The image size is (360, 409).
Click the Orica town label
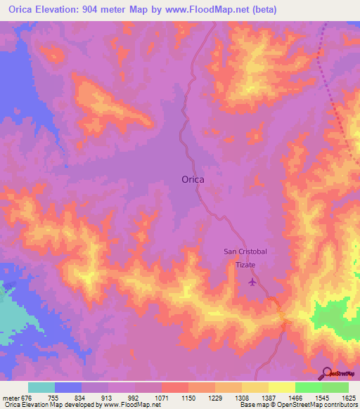[193, 179]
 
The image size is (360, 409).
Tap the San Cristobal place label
[245, 252]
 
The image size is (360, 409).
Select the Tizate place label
[245, 264]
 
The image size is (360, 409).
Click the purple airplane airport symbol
[252, 283]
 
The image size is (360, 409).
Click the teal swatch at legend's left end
[41, 388]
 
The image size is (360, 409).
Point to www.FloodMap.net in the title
[211, 10]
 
